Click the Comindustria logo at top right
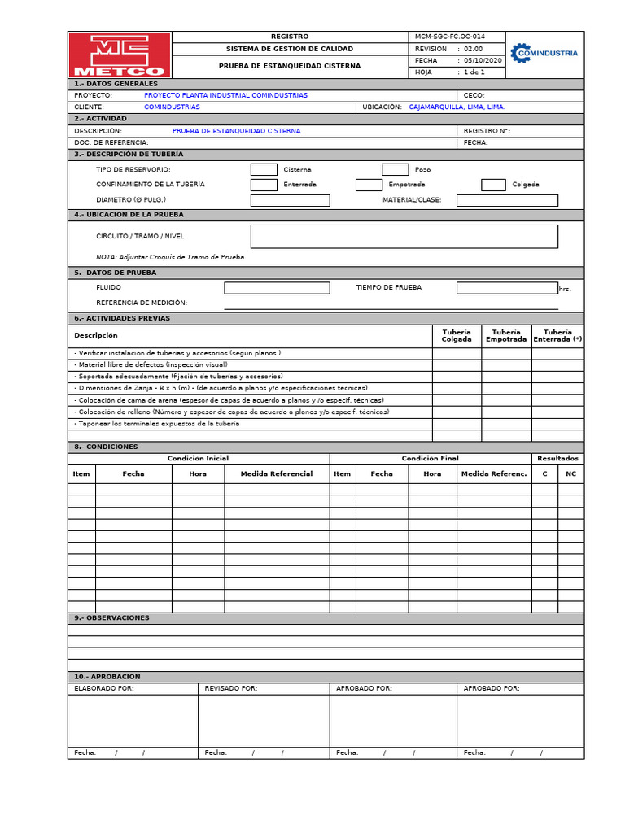coord(544,54)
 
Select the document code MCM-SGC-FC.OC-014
coord(444,37)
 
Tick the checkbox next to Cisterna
coord(264,169)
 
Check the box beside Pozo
coord(395,169)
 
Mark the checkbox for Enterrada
coord(264,185)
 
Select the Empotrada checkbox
coord(369,185)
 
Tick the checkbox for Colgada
coord(493,185)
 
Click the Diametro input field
coord(290,200)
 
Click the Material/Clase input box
coord(507,200)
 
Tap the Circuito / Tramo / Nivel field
coord(404,236)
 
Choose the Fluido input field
coord(277,288)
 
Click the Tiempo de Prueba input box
coord(507,288)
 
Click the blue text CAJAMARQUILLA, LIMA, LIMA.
coord(457,107)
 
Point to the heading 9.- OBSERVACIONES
coord(111,618)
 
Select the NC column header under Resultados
coord(570,473)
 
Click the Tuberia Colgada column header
coord(457,336)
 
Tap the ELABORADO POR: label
coord(104,688)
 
